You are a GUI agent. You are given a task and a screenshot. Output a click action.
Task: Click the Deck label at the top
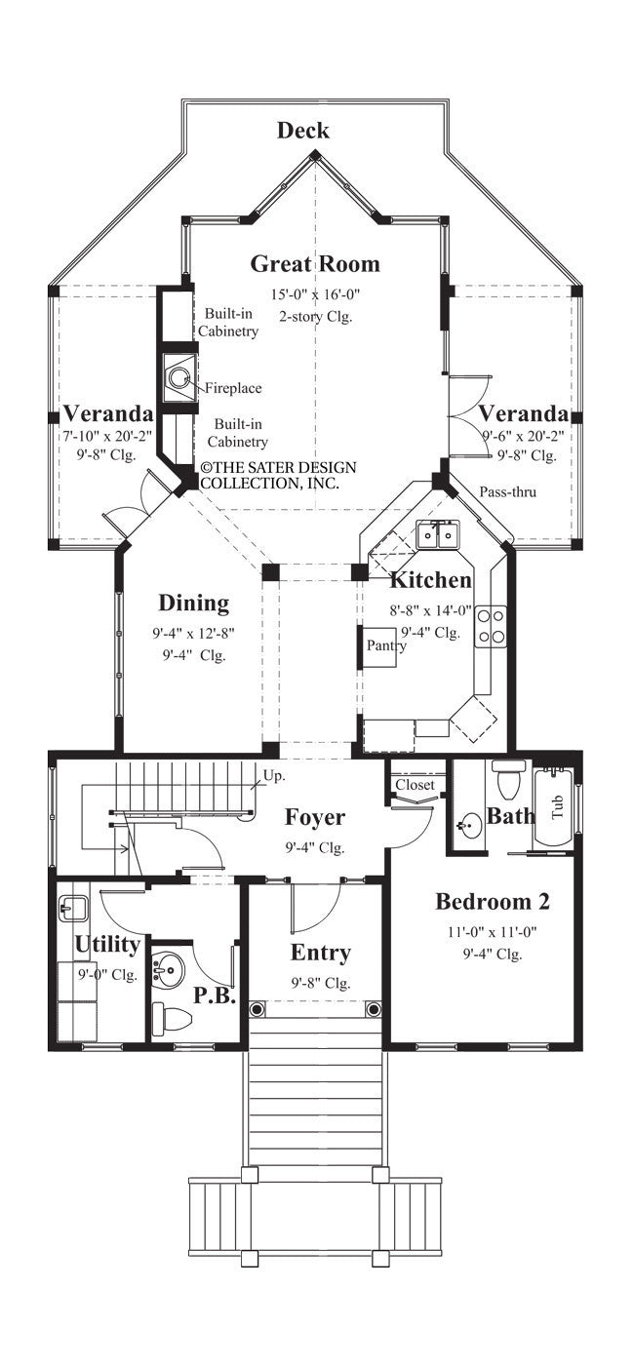[302, 131]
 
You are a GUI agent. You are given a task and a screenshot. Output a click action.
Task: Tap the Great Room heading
[315, 263]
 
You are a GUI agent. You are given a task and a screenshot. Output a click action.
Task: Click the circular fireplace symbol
[178, 376]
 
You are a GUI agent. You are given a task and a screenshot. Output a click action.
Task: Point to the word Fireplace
[232, 388]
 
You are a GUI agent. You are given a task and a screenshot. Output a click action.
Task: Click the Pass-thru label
[507, 491]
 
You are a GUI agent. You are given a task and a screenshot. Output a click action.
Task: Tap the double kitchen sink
[436, 534]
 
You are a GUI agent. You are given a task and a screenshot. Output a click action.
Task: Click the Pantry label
[386, 645]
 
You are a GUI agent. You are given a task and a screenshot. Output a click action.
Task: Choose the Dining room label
[194, 604]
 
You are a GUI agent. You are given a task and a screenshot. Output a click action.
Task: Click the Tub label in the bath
[558, 805]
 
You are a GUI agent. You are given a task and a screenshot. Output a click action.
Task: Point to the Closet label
[415, 784]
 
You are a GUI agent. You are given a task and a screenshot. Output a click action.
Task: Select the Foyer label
[314, 816]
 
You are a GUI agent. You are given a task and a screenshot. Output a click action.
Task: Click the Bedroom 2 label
[492, 901]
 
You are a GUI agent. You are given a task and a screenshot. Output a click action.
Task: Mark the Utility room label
[107, 945]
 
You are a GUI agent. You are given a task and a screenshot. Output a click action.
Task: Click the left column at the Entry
[258, 1008]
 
